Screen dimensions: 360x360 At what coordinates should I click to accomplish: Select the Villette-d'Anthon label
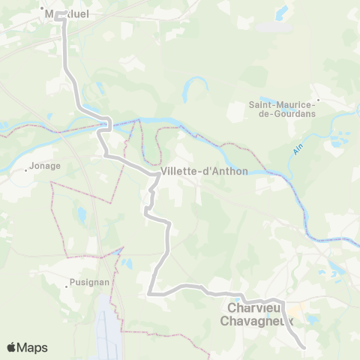pyautogui.click(x=194, y=172)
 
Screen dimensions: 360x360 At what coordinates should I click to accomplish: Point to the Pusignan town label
pyautogui.click(x=82, y=284)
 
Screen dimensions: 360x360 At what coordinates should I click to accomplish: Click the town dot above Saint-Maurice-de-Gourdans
pyautogui.click(x=318, y=98)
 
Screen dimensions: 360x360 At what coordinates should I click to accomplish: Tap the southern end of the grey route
pyautogui.click(x=303, y=347)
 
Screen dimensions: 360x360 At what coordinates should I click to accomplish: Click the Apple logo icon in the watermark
pyautogui.click(x=11, y=347)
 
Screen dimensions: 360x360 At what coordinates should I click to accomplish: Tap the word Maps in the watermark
pyautogui.click(x=33, y=347)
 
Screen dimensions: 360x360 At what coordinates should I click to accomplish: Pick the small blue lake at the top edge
pyautogui.click(x=282, y=11)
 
